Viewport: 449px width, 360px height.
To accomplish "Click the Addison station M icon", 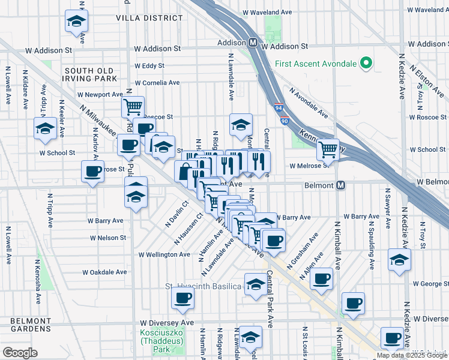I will (253, 43).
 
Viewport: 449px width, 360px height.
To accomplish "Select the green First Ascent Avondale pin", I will (364, 63).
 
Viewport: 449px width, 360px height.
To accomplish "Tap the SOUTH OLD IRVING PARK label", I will (89, 75).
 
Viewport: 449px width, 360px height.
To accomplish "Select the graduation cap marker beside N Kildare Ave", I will (45, 128).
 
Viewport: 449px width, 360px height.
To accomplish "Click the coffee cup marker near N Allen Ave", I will (322, 278).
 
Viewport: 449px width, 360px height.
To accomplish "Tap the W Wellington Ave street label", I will (164, 254).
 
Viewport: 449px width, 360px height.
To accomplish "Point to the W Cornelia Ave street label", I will (157, 83).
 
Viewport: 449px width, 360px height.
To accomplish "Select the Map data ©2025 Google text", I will (411, 355).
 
